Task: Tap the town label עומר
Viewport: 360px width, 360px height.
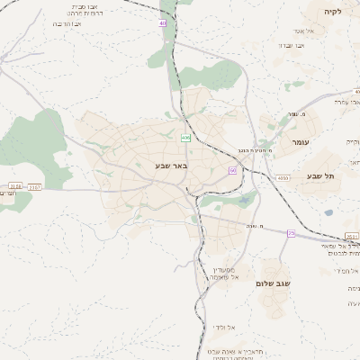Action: pos(300,142)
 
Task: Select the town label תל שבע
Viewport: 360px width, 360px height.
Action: pos(319,176)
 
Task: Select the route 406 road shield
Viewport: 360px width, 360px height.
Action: pos(185,138)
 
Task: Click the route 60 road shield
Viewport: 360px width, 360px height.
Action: pos(232,169)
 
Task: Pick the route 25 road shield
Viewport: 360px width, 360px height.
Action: pos(291,233)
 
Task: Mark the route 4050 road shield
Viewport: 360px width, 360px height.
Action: pos(283,178)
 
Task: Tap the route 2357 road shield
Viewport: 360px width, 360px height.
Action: pos(34,186)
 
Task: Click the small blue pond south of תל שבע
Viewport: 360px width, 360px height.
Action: pos(328,212)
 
